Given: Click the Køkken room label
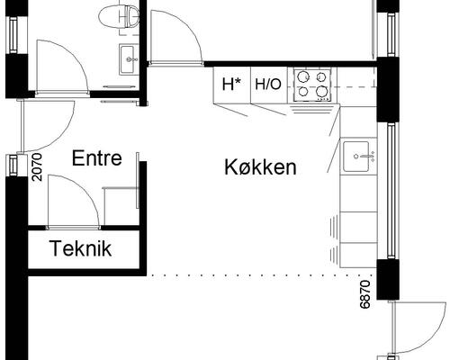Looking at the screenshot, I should point(261,166).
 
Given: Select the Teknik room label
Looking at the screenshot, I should point(81,249).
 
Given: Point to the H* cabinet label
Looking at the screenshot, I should point(232,85).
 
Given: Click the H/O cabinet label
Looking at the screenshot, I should point(267,85).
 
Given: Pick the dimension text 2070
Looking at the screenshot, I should point(37,167).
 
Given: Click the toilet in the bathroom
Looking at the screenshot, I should point(119,15).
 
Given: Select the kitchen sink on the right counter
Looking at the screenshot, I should point(360,156).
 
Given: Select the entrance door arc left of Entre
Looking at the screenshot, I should point(49,126).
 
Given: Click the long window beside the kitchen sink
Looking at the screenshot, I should point(391,189).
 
